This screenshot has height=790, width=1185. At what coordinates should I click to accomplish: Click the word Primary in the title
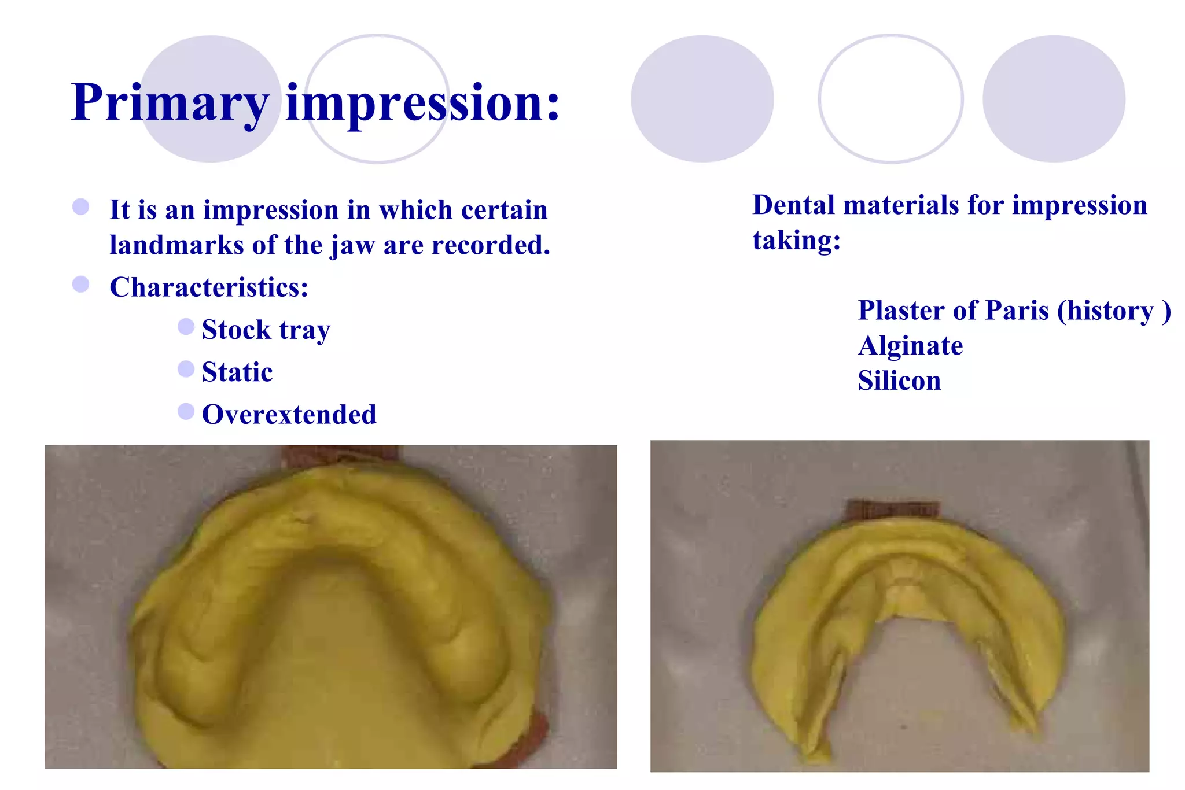[170, 103]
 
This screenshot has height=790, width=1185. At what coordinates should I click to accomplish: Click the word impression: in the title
[422, 103]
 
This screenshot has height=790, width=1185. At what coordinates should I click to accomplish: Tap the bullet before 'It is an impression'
[80, 207]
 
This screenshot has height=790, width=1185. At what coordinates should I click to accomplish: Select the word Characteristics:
[209, 287]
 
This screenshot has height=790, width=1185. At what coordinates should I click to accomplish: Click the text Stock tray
[266, 330]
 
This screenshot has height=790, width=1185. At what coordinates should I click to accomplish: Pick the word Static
[237, 372]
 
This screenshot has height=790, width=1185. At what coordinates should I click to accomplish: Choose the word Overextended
[289, 415]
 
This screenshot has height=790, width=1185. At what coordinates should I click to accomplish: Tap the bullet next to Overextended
[186, 411]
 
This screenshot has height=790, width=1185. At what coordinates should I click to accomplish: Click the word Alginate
[910, 346]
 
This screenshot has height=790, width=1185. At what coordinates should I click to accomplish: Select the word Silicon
[899, 381]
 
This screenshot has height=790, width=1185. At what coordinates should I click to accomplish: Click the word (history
[1105, 311]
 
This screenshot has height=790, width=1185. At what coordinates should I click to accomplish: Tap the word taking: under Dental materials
[796, 240]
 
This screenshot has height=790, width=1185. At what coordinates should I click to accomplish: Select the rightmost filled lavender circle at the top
[1054, 99]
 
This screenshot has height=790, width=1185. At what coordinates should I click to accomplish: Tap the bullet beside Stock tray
[186, 327]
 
